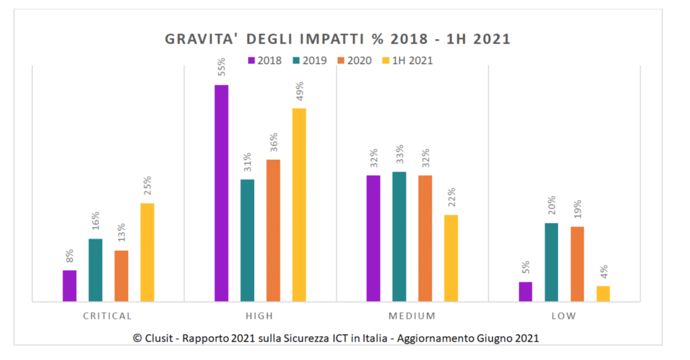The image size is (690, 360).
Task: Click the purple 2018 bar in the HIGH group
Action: (221, 193)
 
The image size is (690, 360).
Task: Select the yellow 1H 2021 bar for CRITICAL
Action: (147, 252)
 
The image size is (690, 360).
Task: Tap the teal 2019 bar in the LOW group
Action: (552, 262)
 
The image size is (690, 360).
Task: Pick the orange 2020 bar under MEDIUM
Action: (425, 239)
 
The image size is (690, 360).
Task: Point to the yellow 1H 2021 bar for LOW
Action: (603, 294)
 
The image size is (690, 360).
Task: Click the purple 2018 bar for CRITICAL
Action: (69, 286)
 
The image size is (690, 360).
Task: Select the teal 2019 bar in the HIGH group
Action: (247, 241)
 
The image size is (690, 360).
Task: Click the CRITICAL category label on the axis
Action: (108, 316)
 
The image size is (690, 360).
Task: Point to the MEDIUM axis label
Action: (412, 316)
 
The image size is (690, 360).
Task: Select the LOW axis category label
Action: (564, 316)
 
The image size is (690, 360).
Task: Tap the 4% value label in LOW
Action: (604, 273)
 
